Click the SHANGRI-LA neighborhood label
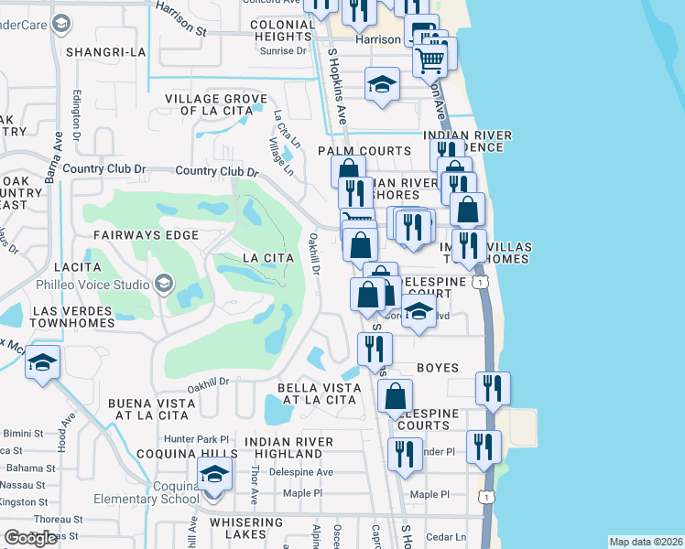[x=105, y=52]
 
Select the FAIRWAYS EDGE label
[x=146, y=235]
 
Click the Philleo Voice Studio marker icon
[x=165, y=284]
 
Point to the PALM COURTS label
[x=364, y=151]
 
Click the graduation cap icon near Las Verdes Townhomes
[x=42, y=363]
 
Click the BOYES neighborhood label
[x=437, y=368]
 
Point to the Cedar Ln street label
[x=447, y=536]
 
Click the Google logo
[x=32, y=538]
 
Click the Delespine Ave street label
[x=301, y=472]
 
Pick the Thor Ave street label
[x=255, y=486]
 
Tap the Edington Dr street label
[x=77, y=108]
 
